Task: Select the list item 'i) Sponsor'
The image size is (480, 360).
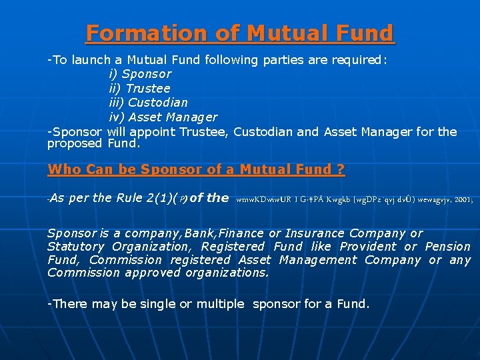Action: coord(140,74)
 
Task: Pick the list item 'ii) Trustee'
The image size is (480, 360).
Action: coord(139,88)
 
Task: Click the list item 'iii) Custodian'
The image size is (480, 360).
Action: coord(148,103)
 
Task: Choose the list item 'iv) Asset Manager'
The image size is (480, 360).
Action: coord(163,117)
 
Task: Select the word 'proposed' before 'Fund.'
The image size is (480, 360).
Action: coord(74,143)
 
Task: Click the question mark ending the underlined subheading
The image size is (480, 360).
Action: coord(341,169)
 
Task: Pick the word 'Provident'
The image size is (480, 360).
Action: coord(368,247)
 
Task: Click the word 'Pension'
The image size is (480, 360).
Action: coord(447,247)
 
